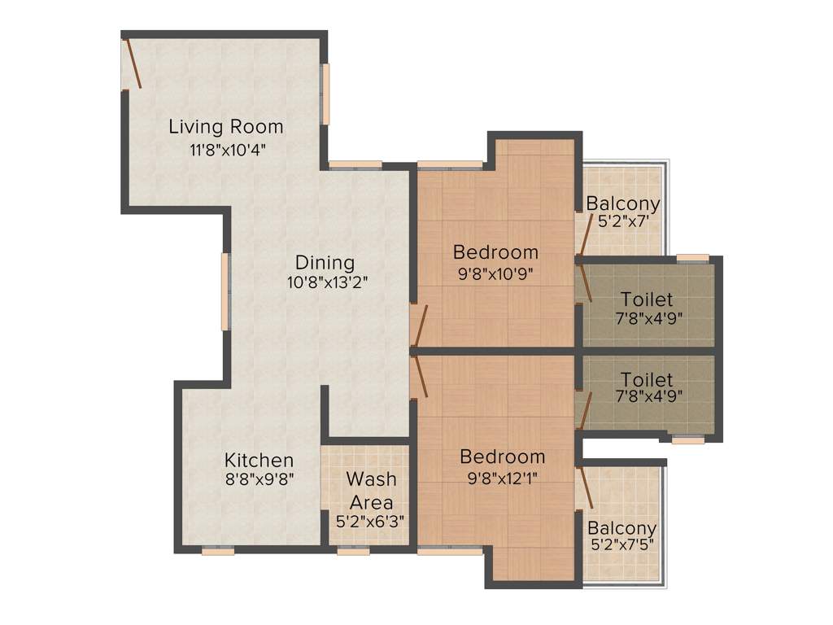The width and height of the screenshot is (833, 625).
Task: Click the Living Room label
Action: (x=226, y=127)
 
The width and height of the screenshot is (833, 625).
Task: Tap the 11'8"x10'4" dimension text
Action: (x=226, y=150)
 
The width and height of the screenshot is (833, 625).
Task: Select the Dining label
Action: (x=325, y=263)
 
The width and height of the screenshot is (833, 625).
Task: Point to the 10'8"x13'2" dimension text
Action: (x=325, y=283)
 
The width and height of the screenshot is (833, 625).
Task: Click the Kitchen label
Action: (x=259, y=460)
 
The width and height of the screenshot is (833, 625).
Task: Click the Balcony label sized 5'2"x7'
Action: (x=623, y=203)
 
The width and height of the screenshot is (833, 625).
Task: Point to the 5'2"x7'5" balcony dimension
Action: (x=622, y=544)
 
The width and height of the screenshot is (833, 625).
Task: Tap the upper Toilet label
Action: (x=647, y=299)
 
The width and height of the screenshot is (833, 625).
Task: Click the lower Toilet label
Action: (x=647, y=380)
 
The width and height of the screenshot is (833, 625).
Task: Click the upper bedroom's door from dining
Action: (x=419, y=326)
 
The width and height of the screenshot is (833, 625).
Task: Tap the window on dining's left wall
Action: (x=225, y=291)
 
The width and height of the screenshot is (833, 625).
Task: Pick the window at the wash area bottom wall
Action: (x=354, y=550)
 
